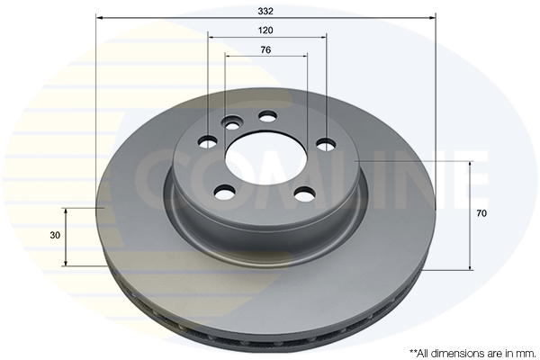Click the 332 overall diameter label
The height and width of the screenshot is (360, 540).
coord(265,12)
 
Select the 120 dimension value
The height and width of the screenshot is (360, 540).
coord(265,31)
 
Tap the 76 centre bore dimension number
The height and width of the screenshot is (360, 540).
coord(265,50)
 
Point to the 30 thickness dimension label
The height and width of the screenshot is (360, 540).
coord(55,235)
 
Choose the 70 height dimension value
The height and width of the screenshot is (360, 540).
coord(481,213)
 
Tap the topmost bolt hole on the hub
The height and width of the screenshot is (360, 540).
coord(267,116)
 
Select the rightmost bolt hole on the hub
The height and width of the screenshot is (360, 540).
coord(326,145)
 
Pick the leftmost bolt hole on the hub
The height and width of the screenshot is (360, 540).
coord(208,141)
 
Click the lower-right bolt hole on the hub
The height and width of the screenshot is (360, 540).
coord(304,193)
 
